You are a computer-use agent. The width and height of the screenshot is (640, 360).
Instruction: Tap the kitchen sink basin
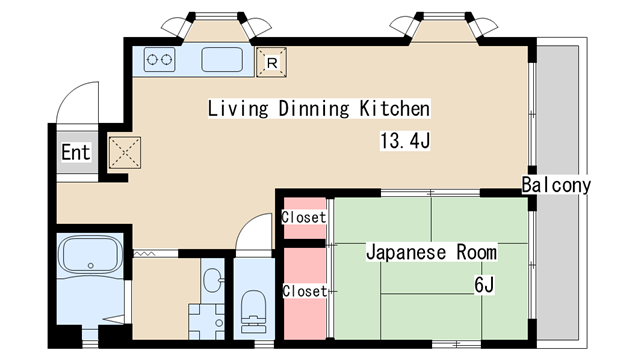coord(223,60)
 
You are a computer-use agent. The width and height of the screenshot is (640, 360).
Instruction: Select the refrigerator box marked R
coord(271,61)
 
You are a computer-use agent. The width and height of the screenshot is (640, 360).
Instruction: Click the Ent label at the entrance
coord(76,153)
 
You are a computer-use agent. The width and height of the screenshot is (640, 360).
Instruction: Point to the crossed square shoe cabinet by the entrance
coord(126,151)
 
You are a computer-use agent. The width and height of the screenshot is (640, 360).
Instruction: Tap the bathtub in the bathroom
coord(90,259)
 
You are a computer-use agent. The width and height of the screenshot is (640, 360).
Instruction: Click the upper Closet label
coord(303,218)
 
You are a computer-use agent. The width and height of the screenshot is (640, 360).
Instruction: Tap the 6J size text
coord(484,285)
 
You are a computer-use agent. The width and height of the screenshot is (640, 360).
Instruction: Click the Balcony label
coord(556,185)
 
